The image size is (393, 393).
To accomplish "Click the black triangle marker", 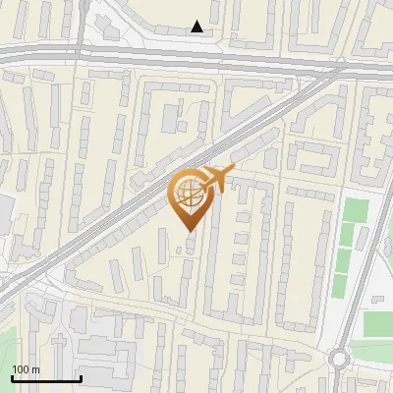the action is click(197, 27).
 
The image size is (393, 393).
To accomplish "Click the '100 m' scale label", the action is click(26, 369).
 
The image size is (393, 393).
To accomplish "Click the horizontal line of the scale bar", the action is click(46, 378).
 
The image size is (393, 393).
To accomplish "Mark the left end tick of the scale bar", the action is click(12, 376).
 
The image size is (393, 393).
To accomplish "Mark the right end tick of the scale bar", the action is click(81, 376).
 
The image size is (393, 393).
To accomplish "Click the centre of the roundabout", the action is click(339, 358).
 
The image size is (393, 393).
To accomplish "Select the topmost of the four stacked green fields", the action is click(355, 210).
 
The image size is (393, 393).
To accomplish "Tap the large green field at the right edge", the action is click(377, 324).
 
